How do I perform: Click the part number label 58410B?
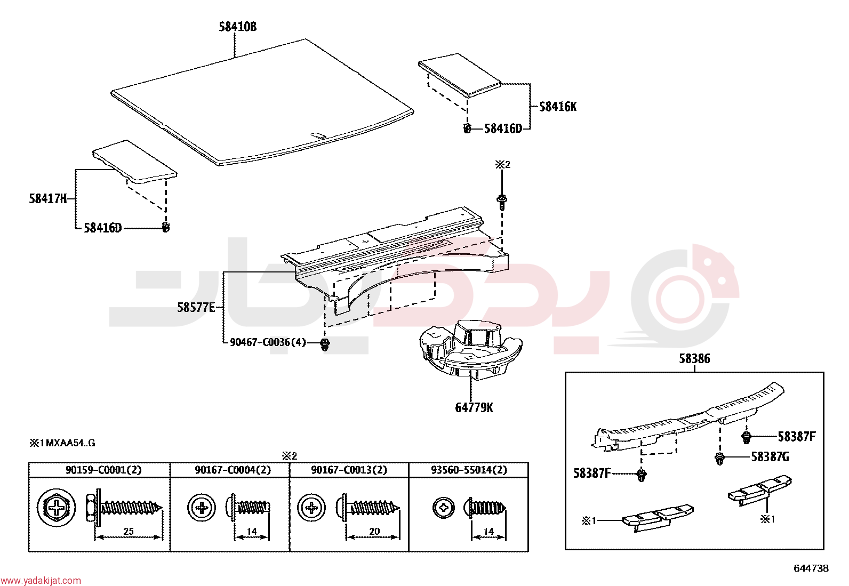click(x=238, y=27)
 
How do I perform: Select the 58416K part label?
click(x=558, y=107)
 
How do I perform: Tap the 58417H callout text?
click(x=48, y=198)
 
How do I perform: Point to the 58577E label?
click(x=196, y=308)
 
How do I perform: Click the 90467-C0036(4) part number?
click(x=268, y=343)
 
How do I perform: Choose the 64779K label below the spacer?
click(x=474, y=408)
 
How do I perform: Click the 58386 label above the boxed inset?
click(x=694, y=358)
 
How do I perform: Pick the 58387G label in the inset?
click(x=770, y=457)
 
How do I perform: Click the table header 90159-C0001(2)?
click(x=103, y=470)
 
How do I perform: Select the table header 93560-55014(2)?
click(x=469, y=470)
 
